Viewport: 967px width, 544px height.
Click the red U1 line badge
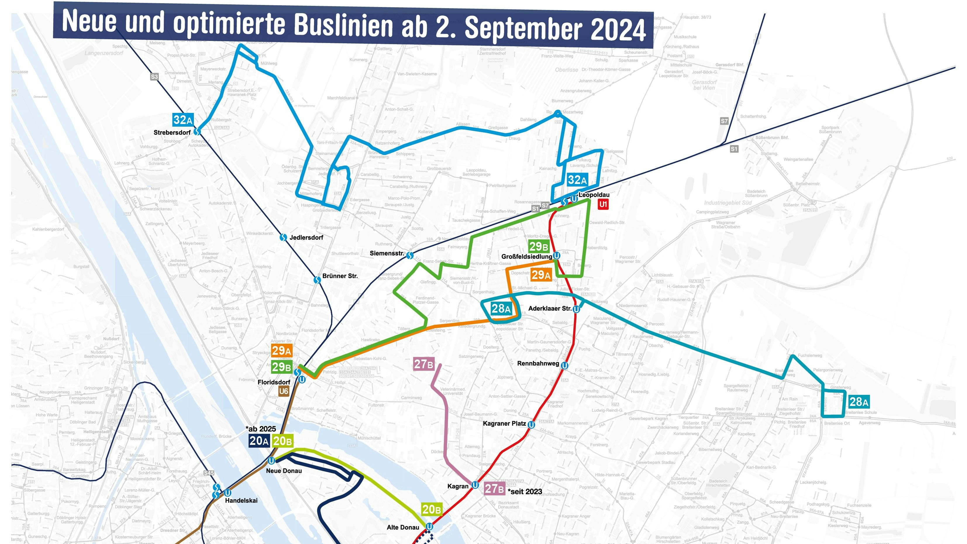click(603, 204)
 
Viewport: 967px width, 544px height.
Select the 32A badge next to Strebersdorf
click(183, 120)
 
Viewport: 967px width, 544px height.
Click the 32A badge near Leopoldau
click(577, 180)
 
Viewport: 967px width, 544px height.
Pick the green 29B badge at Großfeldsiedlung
click(538, 247)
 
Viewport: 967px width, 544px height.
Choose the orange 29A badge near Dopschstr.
click(541, 275)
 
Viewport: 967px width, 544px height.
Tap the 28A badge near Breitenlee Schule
click(859, 402)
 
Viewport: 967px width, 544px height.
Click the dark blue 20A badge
click(259, 441)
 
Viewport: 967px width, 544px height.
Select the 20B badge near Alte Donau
click(431, 509)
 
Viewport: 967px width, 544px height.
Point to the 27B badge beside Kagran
click(494, 488)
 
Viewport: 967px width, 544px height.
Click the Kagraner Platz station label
click(504, 424)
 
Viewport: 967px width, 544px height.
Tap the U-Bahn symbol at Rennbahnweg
click(564, 365)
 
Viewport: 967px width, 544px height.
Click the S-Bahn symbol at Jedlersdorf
click(283, 237)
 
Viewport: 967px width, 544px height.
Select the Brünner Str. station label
click(340, 276)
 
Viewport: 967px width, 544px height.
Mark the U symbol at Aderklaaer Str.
click(576, 309)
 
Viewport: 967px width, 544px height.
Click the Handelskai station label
click(241, 500)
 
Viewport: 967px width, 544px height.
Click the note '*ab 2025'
click(261, 429)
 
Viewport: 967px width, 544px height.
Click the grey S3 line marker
click(154, 77)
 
